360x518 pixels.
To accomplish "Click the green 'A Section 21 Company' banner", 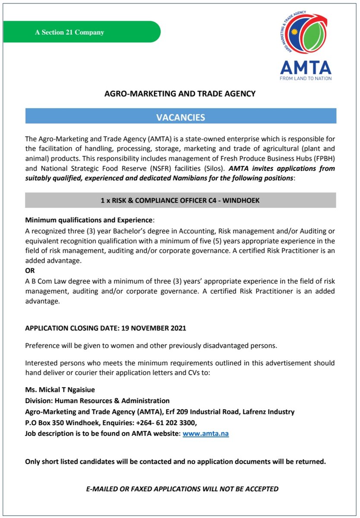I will point(82,32).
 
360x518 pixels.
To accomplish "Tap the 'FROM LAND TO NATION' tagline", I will point(305,79).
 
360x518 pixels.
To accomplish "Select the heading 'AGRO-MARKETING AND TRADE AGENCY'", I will point(180,93).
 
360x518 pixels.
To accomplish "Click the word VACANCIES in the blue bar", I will point(180,117).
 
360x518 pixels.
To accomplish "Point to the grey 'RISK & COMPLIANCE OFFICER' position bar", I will point(180,201).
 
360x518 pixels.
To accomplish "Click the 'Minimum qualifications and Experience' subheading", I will point(89,220).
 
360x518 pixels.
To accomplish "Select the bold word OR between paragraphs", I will point(30,271).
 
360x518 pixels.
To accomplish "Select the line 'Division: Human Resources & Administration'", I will point(97,401).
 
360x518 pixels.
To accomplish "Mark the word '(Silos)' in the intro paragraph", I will point(213,168).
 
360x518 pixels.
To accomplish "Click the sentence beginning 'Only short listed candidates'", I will point(175,461).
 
